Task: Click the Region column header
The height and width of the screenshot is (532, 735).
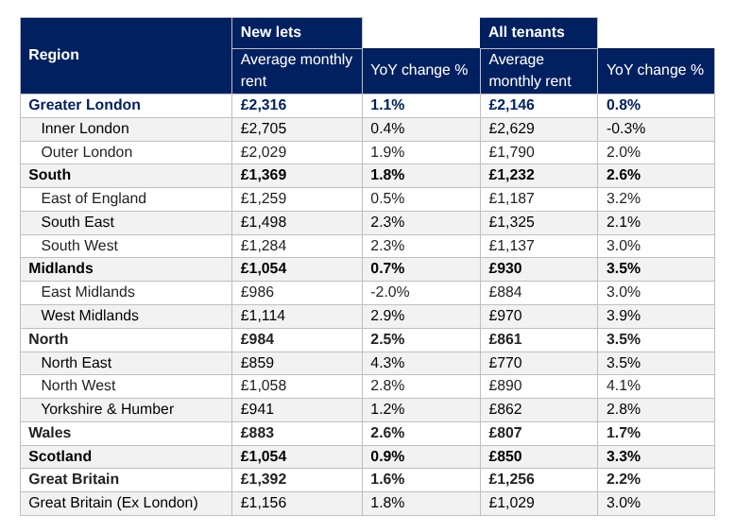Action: (x=54, y=55)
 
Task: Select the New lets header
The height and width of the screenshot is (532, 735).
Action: (x=270, y=32)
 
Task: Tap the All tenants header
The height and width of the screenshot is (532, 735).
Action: (x=526, y=32)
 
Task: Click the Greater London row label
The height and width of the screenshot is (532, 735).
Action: (x=84, y=105)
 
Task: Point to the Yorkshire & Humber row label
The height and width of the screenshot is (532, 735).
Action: (x=108, y=409)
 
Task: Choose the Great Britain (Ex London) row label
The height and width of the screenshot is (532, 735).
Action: (x=113, y=503)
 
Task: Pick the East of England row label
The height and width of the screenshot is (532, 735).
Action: (x=94, y=198)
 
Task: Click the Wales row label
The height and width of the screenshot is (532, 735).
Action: (x=50, y=432)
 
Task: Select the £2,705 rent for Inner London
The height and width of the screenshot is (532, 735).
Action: (x=263, y=129)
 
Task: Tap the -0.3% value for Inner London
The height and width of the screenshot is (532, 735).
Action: (x=625, y=129)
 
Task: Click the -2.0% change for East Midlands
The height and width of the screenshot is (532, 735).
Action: (x=390, y=292)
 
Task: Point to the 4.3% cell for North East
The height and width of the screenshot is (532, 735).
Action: (x=387, y=362)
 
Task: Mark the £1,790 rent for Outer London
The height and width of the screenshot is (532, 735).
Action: (x=511, y=152)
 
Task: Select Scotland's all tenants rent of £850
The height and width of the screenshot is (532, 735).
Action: (x=505, y=456)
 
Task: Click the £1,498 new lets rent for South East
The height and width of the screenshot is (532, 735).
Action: (x=263, y=222)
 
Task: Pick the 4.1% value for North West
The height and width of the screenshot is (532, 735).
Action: (x=624, y=386)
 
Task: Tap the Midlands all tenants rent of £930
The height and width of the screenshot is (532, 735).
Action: (x=505, y=268)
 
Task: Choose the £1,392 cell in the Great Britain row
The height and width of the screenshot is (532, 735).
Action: (x=263, y=479)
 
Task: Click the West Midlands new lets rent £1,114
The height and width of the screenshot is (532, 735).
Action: (x=263, y=316)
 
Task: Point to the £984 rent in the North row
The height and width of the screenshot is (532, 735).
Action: (x=257, y=339)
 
